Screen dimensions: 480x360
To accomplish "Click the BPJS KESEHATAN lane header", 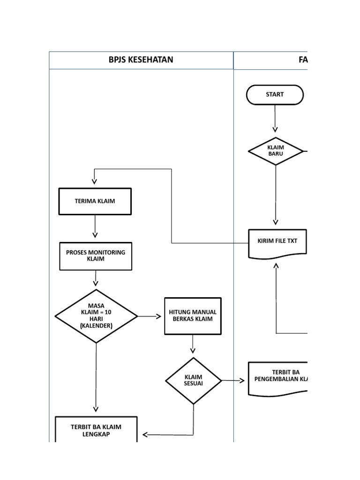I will click(141, 60).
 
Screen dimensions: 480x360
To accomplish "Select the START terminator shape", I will click(275, 95).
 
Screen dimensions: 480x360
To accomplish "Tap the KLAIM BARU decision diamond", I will click(276, 151).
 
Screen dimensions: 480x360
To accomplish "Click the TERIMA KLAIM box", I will click(95, 202).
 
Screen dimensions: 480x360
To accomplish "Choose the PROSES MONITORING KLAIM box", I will click(96, 256).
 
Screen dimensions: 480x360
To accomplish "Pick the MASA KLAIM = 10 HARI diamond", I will click(96, 316).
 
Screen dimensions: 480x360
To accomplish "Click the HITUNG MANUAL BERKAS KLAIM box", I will click(193, 316).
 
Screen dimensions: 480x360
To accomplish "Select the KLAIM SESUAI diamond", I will click(193, 381).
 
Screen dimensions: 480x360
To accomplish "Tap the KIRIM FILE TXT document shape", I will click(277, 242).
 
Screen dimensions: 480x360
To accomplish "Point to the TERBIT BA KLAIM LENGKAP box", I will click(96, 429).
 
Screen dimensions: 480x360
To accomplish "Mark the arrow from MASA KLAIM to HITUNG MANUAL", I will click(150, 316).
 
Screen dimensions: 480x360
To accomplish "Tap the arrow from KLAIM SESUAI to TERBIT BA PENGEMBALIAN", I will click(233, 381).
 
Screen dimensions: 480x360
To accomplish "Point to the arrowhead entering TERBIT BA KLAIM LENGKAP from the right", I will click(146, 435).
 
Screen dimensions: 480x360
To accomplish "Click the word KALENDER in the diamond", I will click(96, 325).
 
